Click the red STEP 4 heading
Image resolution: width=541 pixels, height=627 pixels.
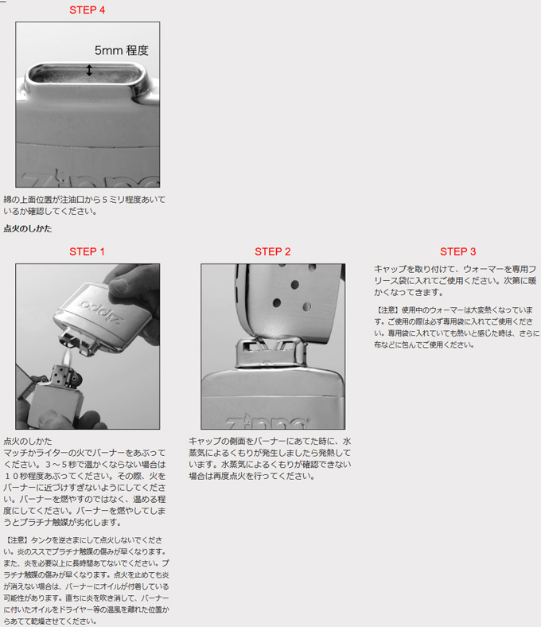click(88, 10)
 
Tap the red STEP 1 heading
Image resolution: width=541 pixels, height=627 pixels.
click(87, 251)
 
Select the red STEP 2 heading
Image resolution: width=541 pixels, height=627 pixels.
click(273, 251)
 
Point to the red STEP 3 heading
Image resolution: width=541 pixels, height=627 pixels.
click(457, 251)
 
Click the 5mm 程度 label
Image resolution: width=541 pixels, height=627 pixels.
click(122, 50)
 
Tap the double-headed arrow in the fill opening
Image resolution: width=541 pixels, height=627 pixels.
click(89, 70)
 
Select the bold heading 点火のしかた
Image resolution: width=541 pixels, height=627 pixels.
click(28, 228)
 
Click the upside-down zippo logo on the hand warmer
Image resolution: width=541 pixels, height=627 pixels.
click(102, 311)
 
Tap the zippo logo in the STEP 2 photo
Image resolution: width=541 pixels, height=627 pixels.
click(267, 423)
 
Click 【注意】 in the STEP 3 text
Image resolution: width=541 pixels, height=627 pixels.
click(387, 310)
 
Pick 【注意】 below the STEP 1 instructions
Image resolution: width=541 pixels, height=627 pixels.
click(18, 540)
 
